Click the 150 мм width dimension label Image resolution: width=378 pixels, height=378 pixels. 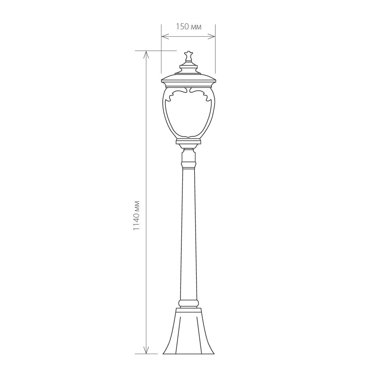(189, 26)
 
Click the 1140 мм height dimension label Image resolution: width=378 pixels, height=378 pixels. (137, 215)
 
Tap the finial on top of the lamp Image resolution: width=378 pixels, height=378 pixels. (188, 57)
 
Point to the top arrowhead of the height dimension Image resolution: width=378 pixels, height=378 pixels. (146, 55)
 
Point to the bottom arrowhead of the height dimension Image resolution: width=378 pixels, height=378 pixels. (146, 350)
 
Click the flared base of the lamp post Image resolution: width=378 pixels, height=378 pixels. (189, 331)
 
